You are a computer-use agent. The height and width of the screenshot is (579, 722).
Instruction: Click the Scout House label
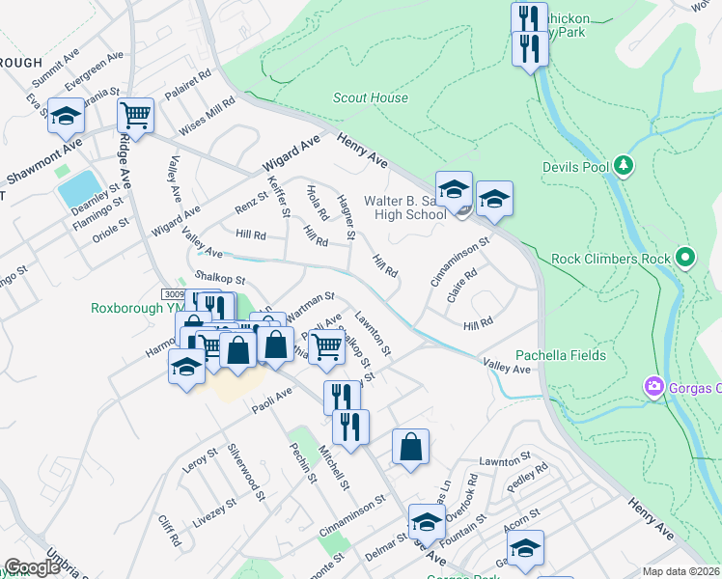[370, 97]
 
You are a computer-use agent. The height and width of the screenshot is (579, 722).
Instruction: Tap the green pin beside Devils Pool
[625, 167]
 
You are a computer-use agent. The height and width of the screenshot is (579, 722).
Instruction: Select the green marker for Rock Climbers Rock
[685, 258]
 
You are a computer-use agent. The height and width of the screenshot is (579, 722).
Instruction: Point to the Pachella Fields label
[560, 355]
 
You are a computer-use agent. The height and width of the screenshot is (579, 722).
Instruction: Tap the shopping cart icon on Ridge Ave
[135, 116]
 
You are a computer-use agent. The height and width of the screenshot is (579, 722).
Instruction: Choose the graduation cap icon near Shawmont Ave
[66, 116]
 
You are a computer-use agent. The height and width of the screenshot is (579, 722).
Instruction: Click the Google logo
[32, 567]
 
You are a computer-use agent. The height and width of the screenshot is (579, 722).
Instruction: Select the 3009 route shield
[173, 293]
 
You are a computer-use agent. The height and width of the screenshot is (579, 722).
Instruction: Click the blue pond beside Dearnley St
[79, 188]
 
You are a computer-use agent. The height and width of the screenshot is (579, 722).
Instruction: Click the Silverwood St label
[247, 472]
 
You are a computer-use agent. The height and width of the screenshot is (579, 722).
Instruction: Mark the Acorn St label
[520, 519]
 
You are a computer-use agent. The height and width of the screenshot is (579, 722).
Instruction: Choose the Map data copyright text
[681, 571]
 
